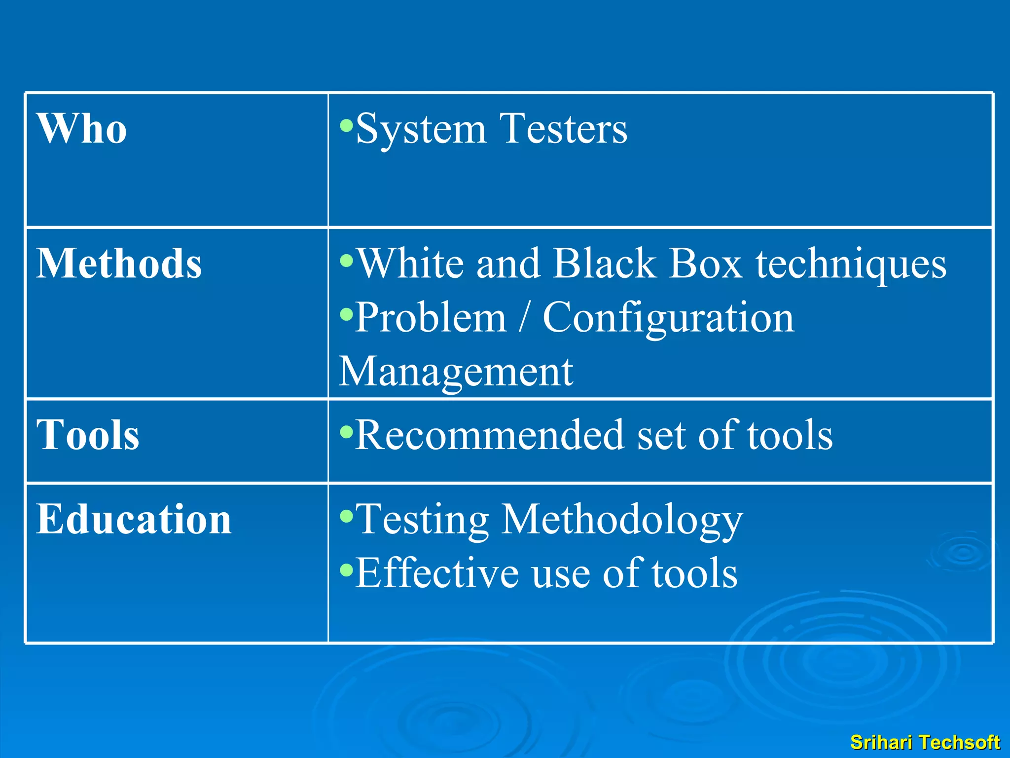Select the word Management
tap(456, 373)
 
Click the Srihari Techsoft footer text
tap(925, 742)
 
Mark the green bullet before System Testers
tap(347, 125)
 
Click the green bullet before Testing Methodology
tap(347, 516)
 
